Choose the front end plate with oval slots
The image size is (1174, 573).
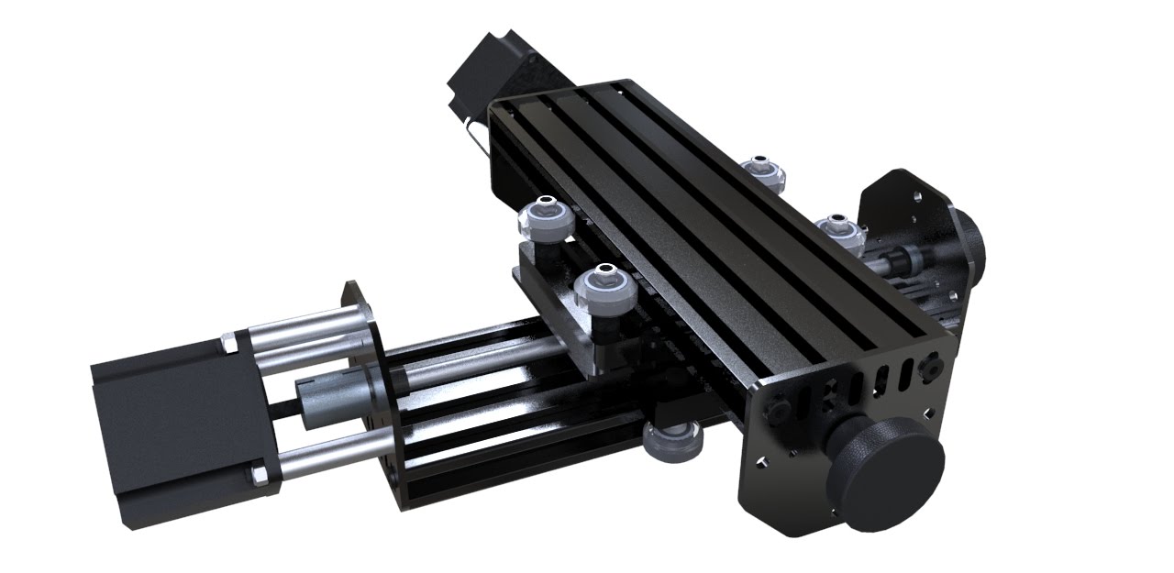pos(825,431)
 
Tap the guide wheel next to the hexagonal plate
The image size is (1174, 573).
pos(836,229)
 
